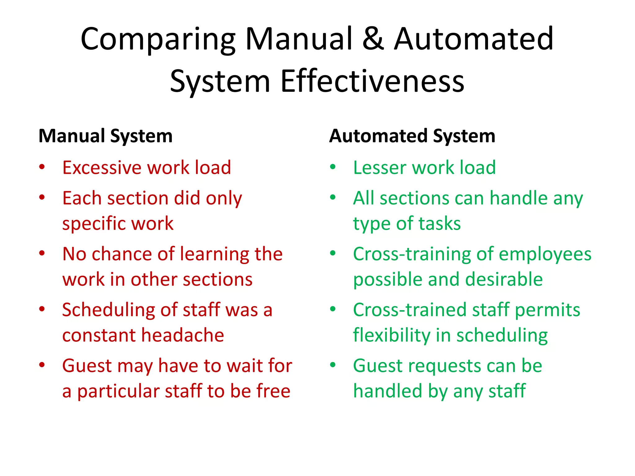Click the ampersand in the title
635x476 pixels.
tap(373, 39)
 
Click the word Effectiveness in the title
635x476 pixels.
tap(372, 81)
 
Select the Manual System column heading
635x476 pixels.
tap(105, 136)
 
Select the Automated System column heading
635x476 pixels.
tap(412, 136)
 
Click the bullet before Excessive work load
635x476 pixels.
tap(42, 167)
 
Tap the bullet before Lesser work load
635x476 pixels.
tap(333, 167)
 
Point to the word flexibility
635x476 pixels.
tap(392, 335)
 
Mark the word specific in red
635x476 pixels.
tap(90, 224)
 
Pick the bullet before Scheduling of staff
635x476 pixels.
tap(42, 309)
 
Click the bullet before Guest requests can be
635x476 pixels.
tap(333, 365)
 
